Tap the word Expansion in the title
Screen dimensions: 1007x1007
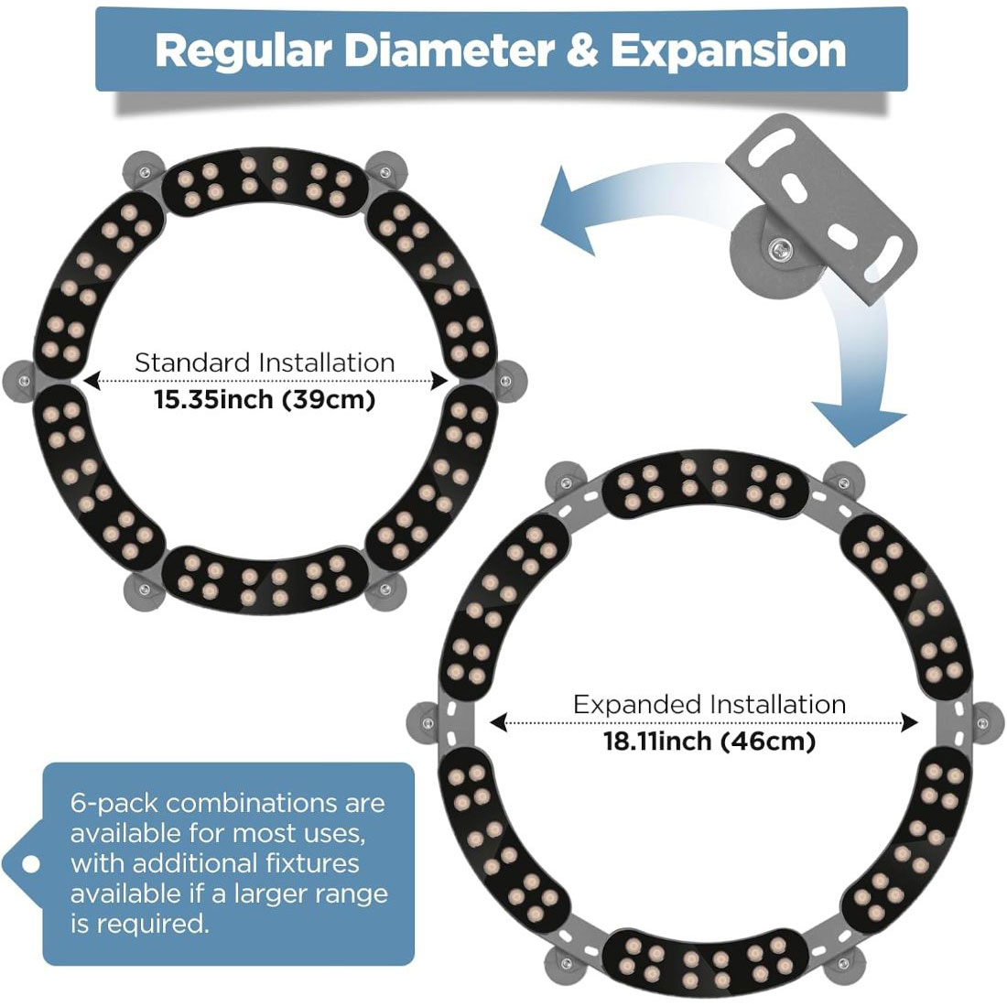point(728,50)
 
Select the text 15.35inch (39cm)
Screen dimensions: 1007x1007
point(265,399)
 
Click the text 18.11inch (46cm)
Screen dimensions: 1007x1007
point(709,741)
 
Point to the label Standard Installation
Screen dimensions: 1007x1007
point(265,363)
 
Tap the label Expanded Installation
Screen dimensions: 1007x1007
point(709,705)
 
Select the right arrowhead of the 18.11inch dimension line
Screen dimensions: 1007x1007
point(909,723)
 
